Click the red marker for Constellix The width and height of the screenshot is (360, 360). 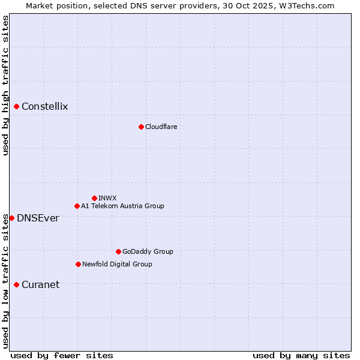pyautogui.click(x=17, y=107)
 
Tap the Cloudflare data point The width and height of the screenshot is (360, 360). pyautogui.click(x=141, y=127)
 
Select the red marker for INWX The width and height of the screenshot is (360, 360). pyautogui.click(x=94, y=198)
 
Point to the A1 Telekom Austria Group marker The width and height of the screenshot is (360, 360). pyautogui.click(x=77, y=206)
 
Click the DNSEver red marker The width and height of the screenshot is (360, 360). pyautogui.click(x=12, y=218)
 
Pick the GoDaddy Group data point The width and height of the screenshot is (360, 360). pyautogui.click(x=118, y=251)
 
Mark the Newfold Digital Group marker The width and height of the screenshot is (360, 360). pyautogui.click(x=78, y=264)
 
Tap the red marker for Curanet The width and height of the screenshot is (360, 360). pyautogui.click(x=17, y=284)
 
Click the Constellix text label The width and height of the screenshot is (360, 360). pyautogui.click(x=44, y=107)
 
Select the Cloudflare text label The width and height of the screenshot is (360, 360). pyautogui.click(x=161, y=127)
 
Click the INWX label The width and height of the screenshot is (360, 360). pyautogui.click(x=107, y=198)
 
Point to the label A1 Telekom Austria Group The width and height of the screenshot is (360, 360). pyautogui.click(x=122, y=206)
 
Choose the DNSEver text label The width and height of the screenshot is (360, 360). pyautogui.click(x=38, y=218)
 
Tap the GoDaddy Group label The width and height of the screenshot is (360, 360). pyautogui.click(x=148, y=251)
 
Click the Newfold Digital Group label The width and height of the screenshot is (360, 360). pyautogui.click(x=117, y=264)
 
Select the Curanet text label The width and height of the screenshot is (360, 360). pyautogui.click(x=40, y=284)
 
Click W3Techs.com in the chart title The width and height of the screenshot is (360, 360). pyautogui.click(x=310, y=5)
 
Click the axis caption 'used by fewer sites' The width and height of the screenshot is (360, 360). pyautogui.click(x=62, y=355)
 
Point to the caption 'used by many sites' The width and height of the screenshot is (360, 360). pyautogui.click(x=301, y=355)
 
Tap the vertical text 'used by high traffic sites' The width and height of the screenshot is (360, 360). pyautogui.click(x=5, y=85)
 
